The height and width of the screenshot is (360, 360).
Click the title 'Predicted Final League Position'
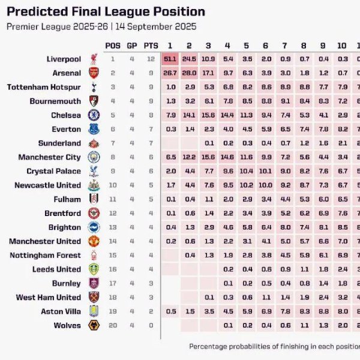coord(106,12)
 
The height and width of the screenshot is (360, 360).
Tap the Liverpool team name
coord(63,59)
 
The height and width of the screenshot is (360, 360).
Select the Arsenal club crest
coord(94,73)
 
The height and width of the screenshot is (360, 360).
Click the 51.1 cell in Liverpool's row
coord(170,59)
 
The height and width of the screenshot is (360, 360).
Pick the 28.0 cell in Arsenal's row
coord(189,73)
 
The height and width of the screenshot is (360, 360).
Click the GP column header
coord(132,46)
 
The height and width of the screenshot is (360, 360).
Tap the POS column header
coord(113,46)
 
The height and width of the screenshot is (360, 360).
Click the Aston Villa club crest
coord(94,311)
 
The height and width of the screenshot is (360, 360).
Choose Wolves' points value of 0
coord(151,325)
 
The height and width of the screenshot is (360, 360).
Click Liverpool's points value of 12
coord(151,59)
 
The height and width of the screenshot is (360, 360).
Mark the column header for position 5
coord(246,46)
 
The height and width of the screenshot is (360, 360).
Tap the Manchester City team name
coord(49,157)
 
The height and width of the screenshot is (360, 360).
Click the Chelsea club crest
coord(94,115)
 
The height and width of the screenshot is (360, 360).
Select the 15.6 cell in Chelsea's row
coord(208,115)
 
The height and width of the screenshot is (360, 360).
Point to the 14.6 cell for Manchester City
coord(227,157)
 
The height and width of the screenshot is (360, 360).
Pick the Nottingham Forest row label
coord(45,255)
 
